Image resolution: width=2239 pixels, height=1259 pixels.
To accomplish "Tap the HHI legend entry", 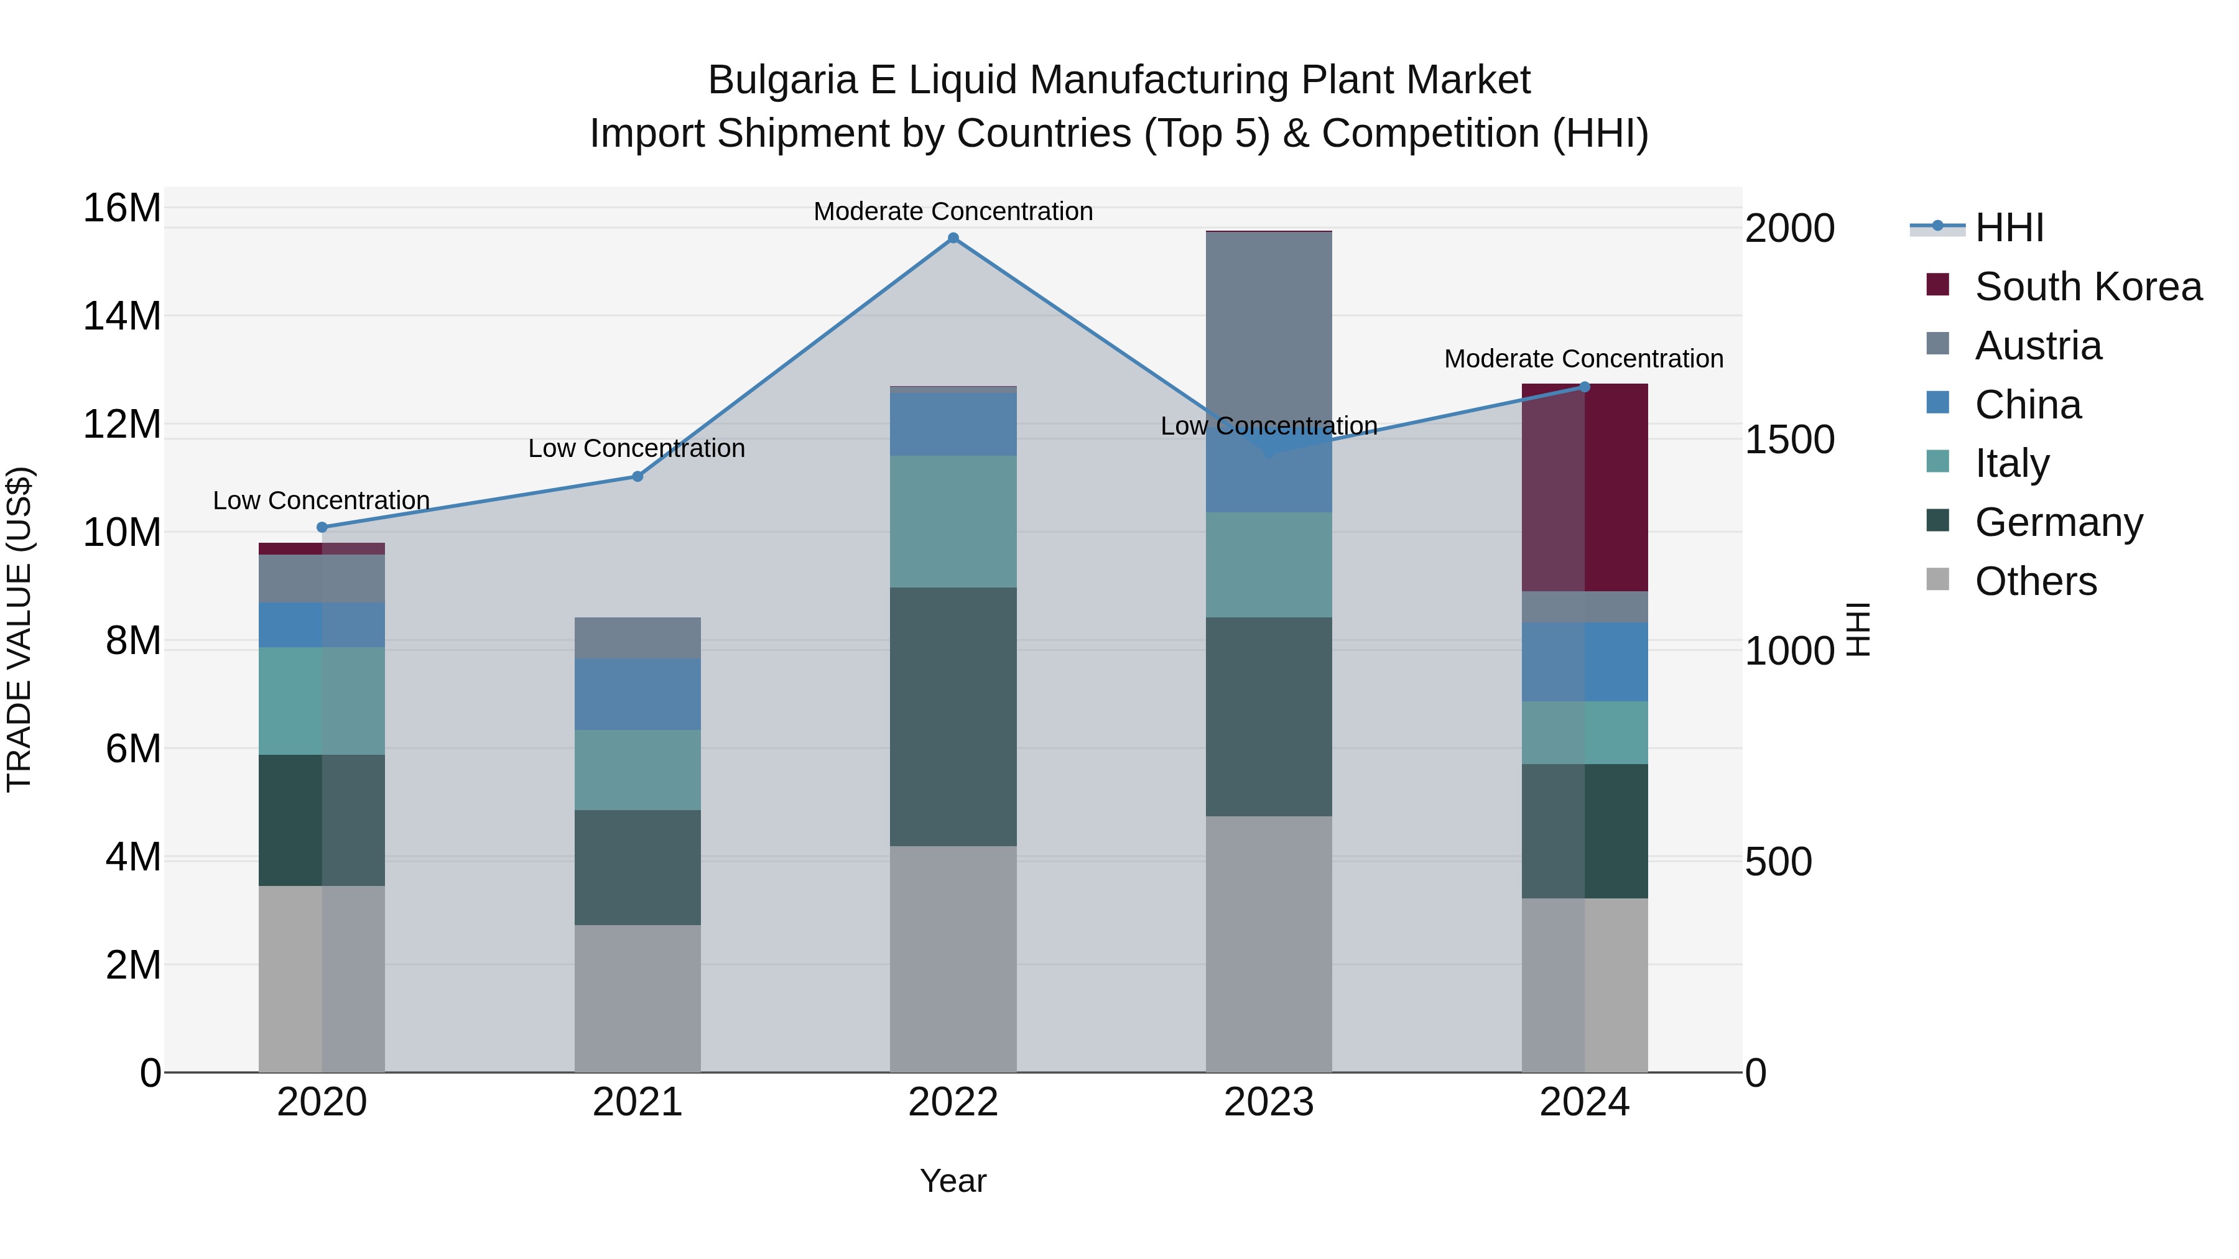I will (2008, 228).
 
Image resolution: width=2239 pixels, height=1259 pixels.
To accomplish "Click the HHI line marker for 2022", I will (953, 238).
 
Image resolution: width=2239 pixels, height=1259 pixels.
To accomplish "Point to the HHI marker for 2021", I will (637, 476).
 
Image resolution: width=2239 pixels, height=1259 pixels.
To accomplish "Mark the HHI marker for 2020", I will (322, 527).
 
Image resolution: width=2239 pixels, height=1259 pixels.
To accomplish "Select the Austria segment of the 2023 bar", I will (1268, 330).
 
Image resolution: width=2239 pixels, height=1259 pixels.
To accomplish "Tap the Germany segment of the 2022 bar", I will (953, 717).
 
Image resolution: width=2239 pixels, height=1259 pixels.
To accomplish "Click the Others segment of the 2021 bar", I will (637, 998).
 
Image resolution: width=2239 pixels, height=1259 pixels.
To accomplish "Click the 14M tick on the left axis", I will (122, 316).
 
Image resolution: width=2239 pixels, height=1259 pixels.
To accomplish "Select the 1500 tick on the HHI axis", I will (1789, 440).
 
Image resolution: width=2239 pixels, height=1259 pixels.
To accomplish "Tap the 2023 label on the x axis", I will (1268, 1102).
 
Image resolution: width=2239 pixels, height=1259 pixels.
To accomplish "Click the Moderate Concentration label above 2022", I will (953, 211).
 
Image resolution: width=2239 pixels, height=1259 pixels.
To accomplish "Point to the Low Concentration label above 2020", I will (322, 500).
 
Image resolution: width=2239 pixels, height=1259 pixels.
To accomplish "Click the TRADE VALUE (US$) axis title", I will (19, 629).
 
